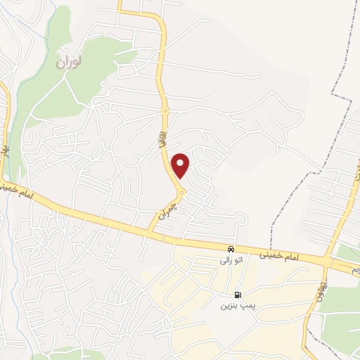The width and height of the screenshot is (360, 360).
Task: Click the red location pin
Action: tap(181, 166)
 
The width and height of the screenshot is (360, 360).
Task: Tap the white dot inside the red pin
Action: tap(181, 162)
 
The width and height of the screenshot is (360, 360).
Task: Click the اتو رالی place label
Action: tap(230, 261)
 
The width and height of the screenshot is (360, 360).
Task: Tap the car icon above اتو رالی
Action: tap(231, 250)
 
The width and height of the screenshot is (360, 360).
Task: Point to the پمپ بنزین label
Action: tap(236, 306)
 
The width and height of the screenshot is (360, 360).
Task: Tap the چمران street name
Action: tap(166, 210)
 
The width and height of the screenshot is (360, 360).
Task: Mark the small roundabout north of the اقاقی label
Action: tap(165, 110)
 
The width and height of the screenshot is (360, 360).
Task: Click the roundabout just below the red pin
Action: tap(181, 193)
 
